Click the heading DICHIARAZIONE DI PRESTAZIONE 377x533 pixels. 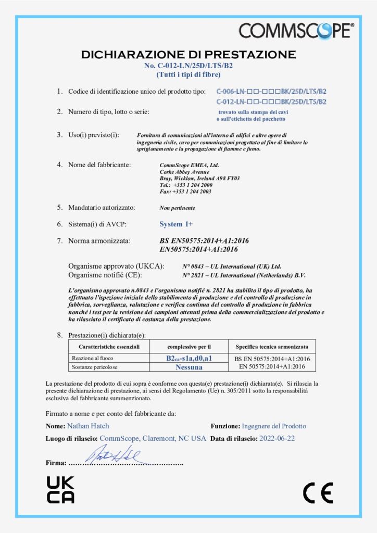188,55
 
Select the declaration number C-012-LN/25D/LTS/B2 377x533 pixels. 188,66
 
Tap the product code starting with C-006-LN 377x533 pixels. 271,91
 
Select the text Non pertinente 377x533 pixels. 178,208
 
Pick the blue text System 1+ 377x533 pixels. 176,224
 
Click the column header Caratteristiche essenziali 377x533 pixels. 109,346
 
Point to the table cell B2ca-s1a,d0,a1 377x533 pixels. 189,358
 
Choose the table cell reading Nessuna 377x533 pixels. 189,366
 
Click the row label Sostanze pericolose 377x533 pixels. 93,367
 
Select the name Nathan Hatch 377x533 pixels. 88,426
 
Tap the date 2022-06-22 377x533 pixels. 277,438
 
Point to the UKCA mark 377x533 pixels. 60,490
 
